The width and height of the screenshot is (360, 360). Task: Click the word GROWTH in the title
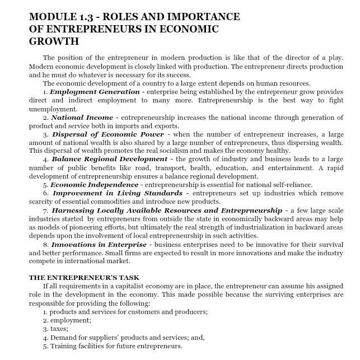(x=54, y=41)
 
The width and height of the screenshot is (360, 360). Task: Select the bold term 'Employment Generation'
(x=95, y=92)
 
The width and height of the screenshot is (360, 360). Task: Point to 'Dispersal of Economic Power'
(x=108, y=135)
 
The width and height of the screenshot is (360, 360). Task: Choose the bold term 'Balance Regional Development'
(x=109, y=160)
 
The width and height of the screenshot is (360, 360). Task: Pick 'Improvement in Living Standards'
(x=118, y=193)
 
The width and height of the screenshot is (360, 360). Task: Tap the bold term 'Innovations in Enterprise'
(x=99, y=244)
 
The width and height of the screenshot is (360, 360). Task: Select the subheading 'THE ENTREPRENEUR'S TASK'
(x=84, y=278)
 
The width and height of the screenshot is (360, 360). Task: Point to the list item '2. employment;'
(x=67, y=320)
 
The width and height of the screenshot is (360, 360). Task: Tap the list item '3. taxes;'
(x=55, y=329)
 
